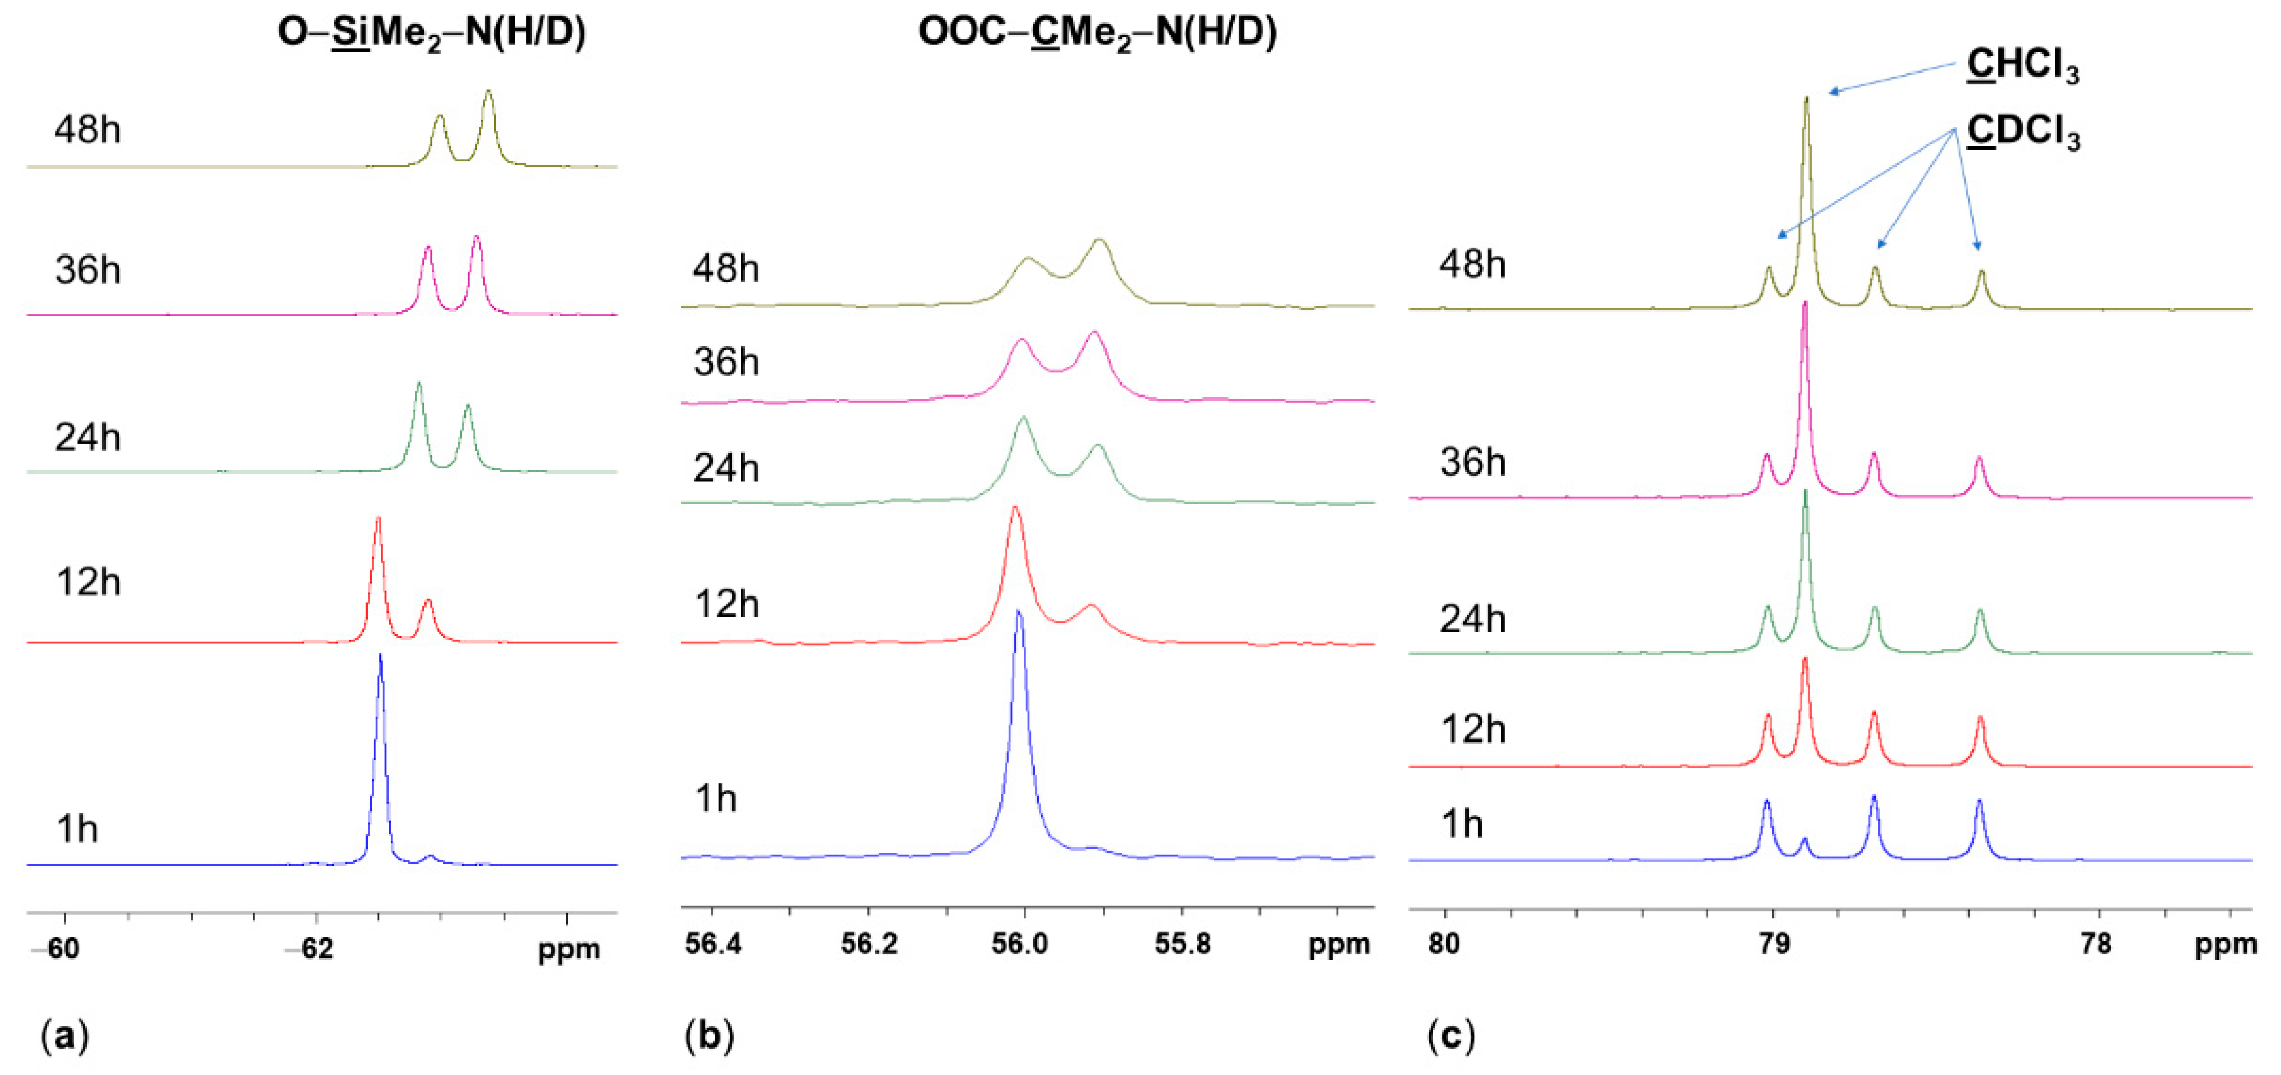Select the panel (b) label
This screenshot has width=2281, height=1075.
(x=709, y=1034)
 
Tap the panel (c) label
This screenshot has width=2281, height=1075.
(x=1450, y=1034)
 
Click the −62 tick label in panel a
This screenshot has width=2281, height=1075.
(x=309, y=948)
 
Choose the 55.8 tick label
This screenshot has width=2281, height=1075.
(x=1183, y=943)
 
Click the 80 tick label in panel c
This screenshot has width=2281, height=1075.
(x=1444, y=943)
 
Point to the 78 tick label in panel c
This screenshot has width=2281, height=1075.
(x=2096, y=943)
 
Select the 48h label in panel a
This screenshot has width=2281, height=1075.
(x=87, y=130)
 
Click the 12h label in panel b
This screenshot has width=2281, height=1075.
(x=727, y=605)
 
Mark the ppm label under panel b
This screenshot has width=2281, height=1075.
(x=1339, y=945)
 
